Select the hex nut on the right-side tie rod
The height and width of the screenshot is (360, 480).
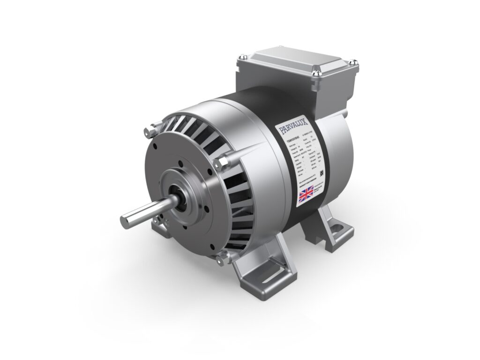221,162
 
